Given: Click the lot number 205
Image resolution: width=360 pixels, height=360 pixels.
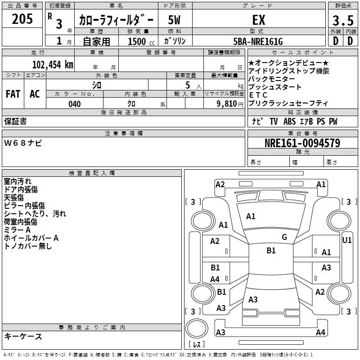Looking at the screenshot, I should [22, 19].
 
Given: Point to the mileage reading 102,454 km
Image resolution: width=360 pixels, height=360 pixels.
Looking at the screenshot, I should [53, 64].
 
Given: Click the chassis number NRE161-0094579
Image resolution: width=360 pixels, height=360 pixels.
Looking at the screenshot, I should [302, 143].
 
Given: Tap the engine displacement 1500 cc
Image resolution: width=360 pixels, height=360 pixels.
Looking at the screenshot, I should [140, 41].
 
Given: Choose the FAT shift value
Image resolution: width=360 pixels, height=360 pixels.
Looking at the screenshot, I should [13, 94].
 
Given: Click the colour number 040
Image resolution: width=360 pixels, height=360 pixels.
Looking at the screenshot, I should [75, 104].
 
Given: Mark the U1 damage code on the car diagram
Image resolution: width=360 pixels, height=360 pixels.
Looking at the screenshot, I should [347, 240].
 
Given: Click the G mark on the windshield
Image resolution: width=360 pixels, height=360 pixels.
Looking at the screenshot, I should [284, 237].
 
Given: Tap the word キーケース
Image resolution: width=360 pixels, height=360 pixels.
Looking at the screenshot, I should [23, 337].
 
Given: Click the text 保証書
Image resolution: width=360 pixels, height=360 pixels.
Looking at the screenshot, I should [15, 121].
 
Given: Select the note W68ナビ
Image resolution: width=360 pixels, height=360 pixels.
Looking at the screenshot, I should [23, 143].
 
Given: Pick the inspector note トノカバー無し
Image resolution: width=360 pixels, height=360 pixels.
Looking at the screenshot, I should [28, 246].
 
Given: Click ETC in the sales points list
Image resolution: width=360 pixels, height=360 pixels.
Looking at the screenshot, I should [258, 95].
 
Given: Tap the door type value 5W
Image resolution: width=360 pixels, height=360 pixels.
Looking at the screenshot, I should [175, 20].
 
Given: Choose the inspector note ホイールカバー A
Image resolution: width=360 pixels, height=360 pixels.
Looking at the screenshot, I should [31, 238].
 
